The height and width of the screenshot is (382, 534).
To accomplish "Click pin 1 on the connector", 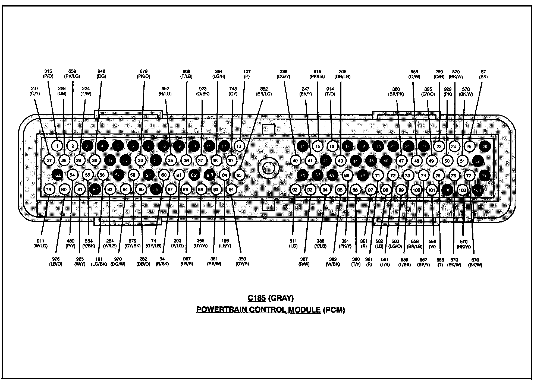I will pos(57,146).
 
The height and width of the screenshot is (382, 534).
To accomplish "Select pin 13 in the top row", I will pos(239,146).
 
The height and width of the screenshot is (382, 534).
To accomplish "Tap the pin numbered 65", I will pos(239,175).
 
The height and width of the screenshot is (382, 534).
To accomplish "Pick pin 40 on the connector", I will pos(295,161).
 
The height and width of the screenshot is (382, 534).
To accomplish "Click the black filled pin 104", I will pos(478,190).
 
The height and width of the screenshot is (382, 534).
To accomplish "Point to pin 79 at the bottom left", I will pos(49,189).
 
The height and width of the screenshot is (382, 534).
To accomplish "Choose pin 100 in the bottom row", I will pos(416,190).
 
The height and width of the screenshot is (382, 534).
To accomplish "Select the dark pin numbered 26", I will pos(485,147).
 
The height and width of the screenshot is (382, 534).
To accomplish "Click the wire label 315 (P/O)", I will pos(48,74).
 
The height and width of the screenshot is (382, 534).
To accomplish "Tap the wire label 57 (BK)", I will pos(483,74).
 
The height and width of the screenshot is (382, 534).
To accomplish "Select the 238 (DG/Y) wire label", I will pos(283,74).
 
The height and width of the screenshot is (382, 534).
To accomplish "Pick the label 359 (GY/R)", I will pos(242,262).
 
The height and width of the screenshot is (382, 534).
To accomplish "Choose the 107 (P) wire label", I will pos(247,74).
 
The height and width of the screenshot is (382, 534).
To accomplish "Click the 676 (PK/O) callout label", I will pos(143,74).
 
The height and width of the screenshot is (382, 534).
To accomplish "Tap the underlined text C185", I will pos(256,298).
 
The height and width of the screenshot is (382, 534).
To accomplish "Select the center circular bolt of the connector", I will pos(268,168).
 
